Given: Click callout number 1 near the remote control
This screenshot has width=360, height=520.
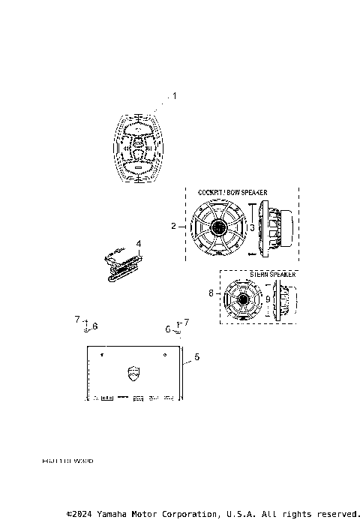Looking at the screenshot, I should point(175,96).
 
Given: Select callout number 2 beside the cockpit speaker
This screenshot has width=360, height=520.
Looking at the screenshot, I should point(173,226).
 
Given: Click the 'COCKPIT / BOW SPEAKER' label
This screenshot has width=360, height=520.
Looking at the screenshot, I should point(232,193).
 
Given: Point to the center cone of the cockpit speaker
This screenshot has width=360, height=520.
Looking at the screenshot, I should point(218,227).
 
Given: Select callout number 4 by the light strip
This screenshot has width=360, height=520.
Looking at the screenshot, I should point(139,243).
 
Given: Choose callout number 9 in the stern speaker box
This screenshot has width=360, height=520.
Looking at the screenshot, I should point(268,298).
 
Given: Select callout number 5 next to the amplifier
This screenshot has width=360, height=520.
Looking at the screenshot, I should point(196,358).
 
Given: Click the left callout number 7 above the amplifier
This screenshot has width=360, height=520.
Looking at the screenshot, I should point(77,319).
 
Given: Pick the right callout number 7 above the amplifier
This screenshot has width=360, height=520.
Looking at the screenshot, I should point(187,323).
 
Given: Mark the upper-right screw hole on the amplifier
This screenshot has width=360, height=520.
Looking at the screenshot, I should point(162,353).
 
